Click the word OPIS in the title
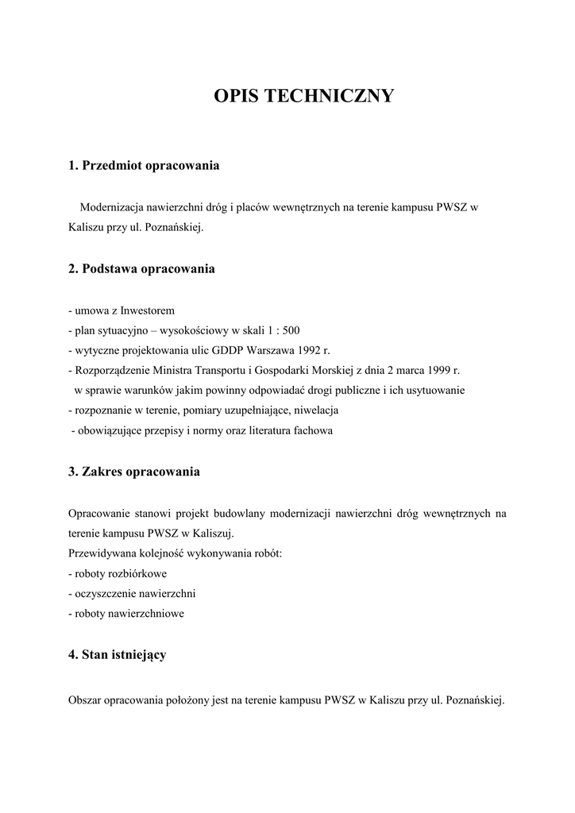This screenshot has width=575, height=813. (236, 97)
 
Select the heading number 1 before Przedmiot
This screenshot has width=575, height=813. (73, 166)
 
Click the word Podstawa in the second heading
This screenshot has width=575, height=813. (110, 269)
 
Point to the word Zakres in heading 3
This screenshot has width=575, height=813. (104, 472)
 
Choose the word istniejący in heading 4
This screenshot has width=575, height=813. (139, 655)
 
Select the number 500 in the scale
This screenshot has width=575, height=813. (290, 331)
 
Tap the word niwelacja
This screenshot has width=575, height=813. (315, 410)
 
